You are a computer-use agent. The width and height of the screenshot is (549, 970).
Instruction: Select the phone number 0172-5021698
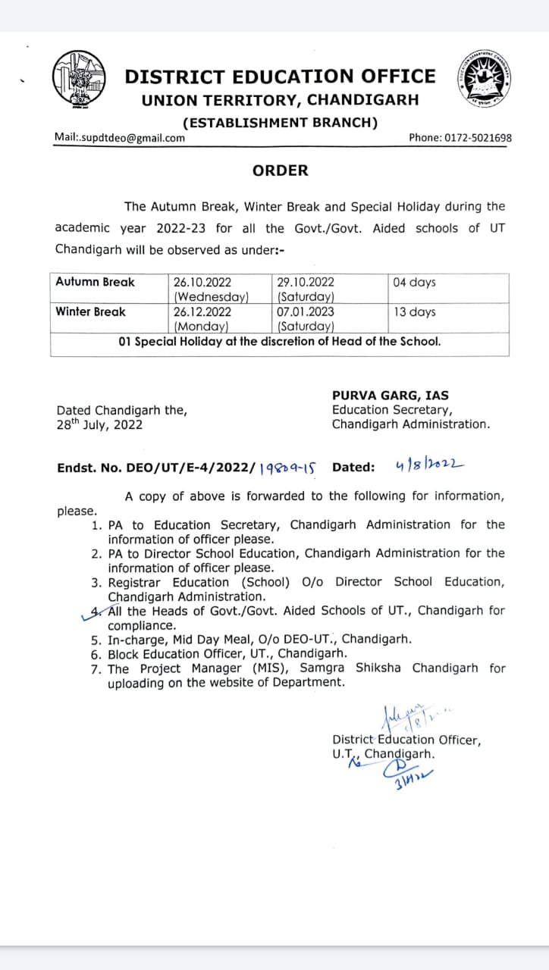pos(482,138)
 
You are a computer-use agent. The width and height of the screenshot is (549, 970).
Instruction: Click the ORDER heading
pos(281,171)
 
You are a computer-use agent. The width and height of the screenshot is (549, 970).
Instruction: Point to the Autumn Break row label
pos(95,282)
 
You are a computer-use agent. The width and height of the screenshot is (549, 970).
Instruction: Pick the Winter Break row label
pos(91,311)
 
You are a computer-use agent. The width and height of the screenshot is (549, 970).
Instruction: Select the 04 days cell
pos(415,282)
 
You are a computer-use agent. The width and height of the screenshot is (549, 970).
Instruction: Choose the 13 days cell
pos(415,311)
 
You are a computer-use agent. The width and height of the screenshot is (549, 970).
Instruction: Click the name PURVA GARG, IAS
pos(391,395)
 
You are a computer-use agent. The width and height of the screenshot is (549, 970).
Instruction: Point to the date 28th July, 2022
pos(99,424)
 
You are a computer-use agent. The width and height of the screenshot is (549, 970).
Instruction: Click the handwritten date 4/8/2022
pos(430,465)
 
